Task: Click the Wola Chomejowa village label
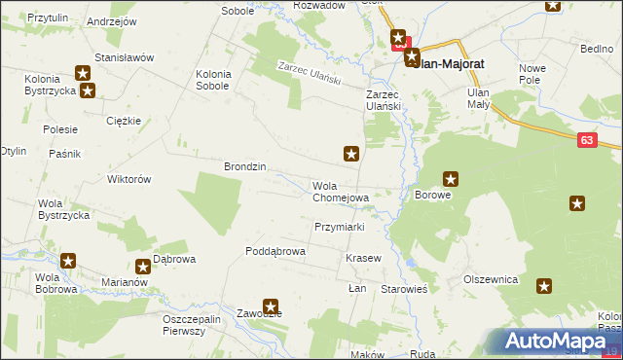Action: [340, 192]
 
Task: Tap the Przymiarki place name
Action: [339, 226]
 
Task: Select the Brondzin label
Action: [245, 166]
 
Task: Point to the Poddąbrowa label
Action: [275, 251]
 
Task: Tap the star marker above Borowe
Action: [451, 178]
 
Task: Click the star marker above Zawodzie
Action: [272, 305]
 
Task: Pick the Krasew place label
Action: [363, 259]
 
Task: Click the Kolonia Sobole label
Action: [213, 79]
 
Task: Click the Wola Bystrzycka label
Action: [63, 209]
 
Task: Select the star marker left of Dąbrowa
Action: [142, 266]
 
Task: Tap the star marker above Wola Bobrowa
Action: [68, 260]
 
